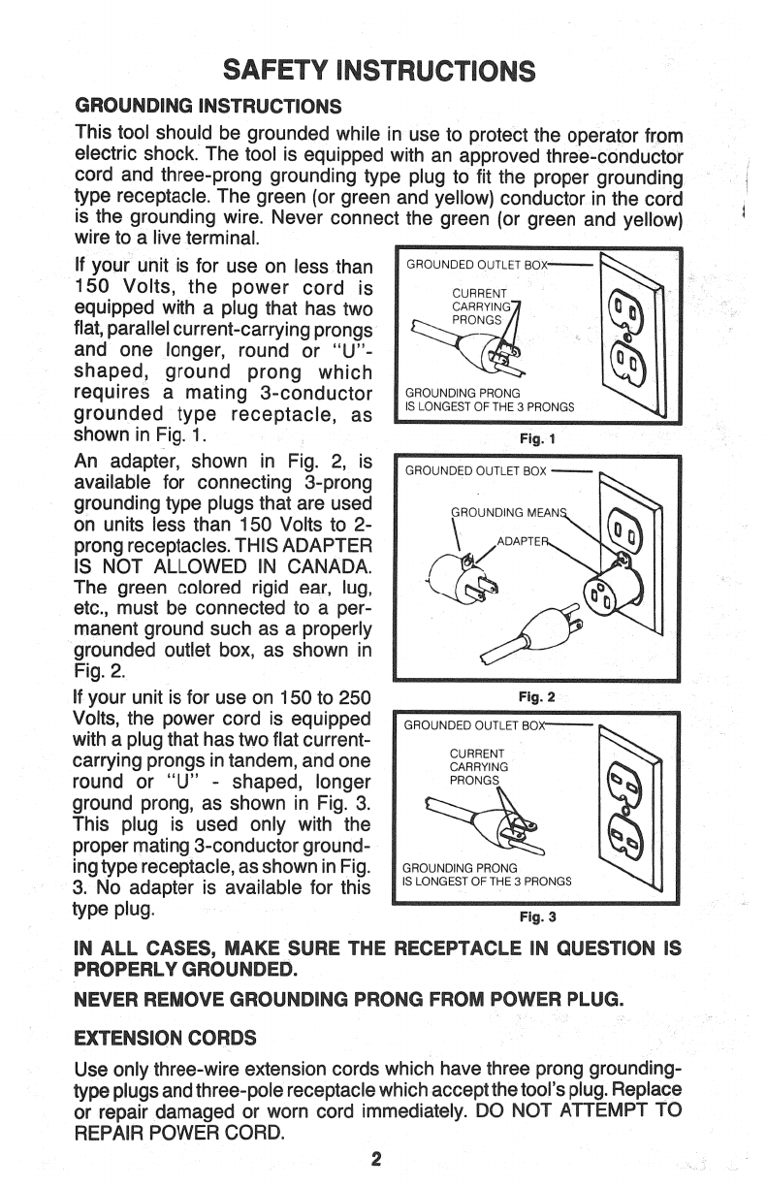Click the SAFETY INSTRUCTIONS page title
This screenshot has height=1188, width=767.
coord(378,71)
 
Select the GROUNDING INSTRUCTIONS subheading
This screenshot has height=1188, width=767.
coord(208,105)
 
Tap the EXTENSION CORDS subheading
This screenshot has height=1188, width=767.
coord(165,1038)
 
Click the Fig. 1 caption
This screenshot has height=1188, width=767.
coord(536,438)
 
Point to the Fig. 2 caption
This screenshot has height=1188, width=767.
coord(536,696)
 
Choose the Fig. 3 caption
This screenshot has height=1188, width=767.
coord(536,915)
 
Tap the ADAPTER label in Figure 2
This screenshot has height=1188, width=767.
coord(520,540)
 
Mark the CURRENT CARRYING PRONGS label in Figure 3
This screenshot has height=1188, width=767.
coord(475,766)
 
